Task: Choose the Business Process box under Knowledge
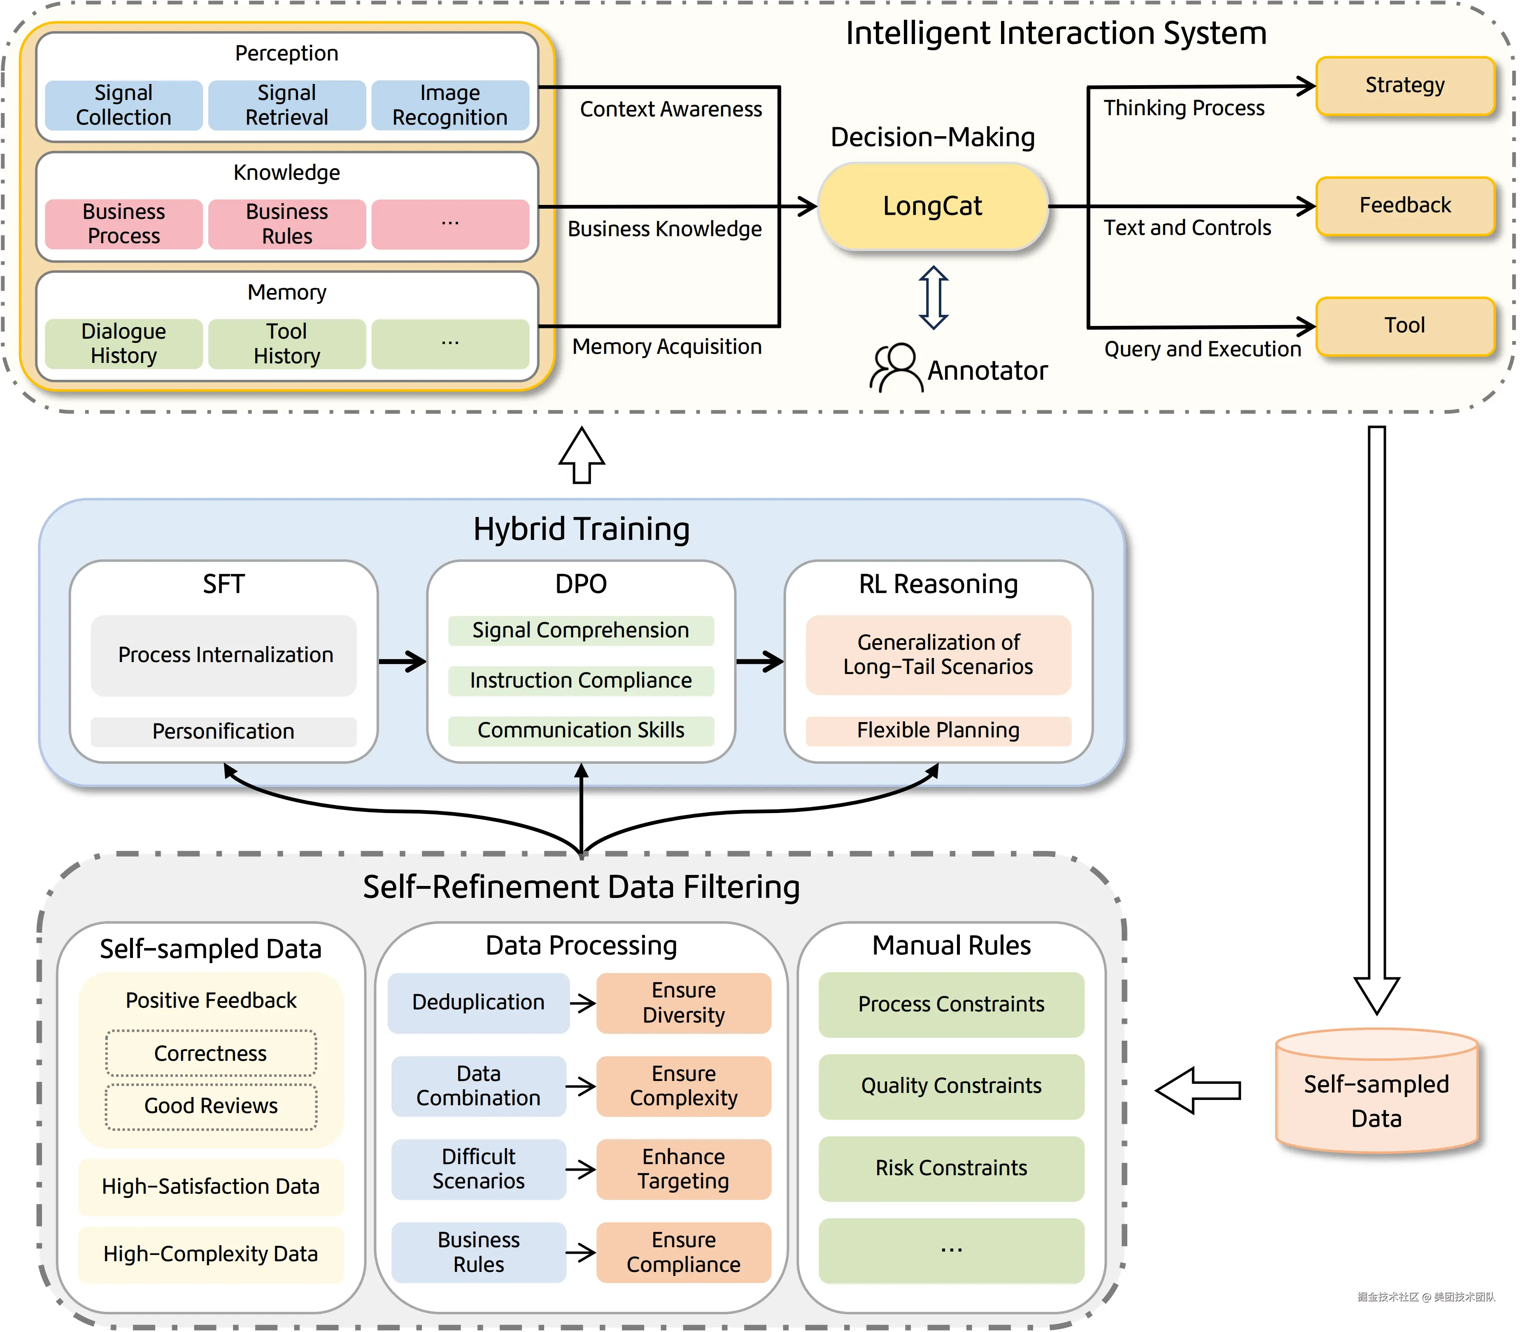tap(123, 224)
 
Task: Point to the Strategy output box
tap(1404, 86)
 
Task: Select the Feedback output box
tap(1404, 206)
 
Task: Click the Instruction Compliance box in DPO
tap(581, 680)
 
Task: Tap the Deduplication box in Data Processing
tap(478, 1003)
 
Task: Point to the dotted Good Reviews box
tap(211, 1106)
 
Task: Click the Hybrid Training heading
tap(582, 529)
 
